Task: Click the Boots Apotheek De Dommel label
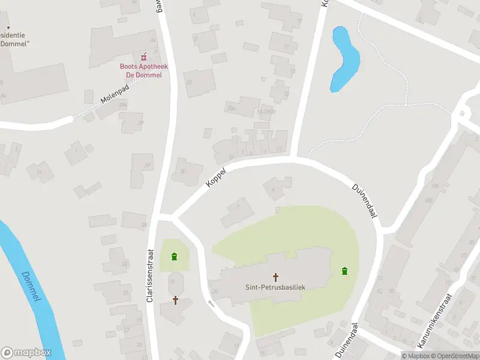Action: [x=143, y=70]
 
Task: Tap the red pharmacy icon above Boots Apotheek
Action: [x=144, y=58]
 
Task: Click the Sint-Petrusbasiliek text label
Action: [x=275, y=287]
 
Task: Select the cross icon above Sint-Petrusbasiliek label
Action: [x=276, y=277]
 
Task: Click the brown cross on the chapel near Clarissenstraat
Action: [x=176, y=299]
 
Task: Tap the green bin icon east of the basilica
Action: [x=345, y=271]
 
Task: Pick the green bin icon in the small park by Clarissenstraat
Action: [x=174, y=257]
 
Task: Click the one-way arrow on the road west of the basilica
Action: [x=211, y=303]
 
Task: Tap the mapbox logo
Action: [x=26, y=353]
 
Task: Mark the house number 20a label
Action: [x=230, y=109]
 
